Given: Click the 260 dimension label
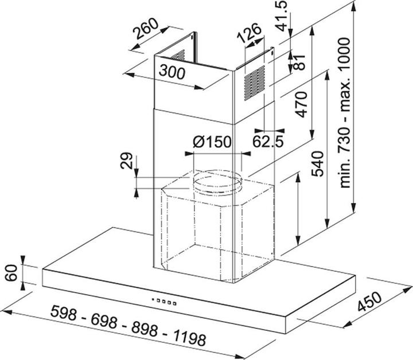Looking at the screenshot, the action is click(146, 28).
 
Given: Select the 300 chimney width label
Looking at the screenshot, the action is click(172, 72).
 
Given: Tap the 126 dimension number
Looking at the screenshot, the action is click(249, 33).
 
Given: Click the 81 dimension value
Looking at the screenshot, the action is click(299, 62).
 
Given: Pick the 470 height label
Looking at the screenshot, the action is click(301, 104).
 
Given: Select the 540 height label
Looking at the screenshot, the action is click(317, 164).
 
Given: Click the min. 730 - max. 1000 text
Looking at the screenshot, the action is click(345, 113).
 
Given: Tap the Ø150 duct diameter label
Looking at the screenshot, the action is click(212, 142).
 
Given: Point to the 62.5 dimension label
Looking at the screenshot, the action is click(268, 142).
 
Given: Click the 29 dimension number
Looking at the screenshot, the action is click(126, 161).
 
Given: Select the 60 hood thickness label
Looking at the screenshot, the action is click(11, 273).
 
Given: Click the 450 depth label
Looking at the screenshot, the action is click(369, 302).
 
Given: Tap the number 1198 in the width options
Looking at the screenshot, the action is click(189, 338).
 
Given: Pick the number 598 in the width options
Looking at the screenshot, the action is click(64, 313).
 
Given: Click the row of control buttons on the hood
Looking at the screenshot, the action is click(164, 302).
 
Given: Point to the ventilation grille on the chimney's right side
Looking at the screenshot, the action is click(255, 83).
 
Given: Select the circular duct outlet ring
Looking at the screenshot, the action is click(217, 182).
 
